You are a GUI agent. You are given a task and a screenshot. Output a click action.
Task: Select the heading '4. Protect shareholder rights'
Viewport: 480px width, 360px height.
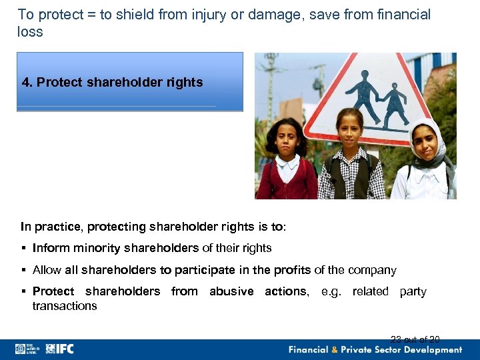(112, 83)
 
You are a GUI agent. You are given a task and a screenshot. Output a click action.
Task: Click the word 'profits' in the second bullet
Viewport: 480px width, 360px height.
(289, 271)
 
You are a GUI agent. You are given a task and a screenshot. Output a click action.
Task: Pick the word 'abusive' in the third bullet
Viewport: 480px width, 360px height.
(231, 291)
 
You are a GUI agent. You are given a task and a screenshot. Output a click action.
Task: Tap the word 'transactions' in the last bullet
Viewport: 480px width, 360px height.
(65, 306)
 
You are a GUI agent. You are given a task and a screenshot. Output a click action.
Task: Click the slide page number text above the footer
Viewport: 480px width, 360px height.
(415, 339)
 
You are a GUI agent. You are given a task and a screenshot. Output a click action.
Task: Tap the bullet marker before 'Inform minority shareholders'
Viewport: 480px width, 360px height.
(23, 248)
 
